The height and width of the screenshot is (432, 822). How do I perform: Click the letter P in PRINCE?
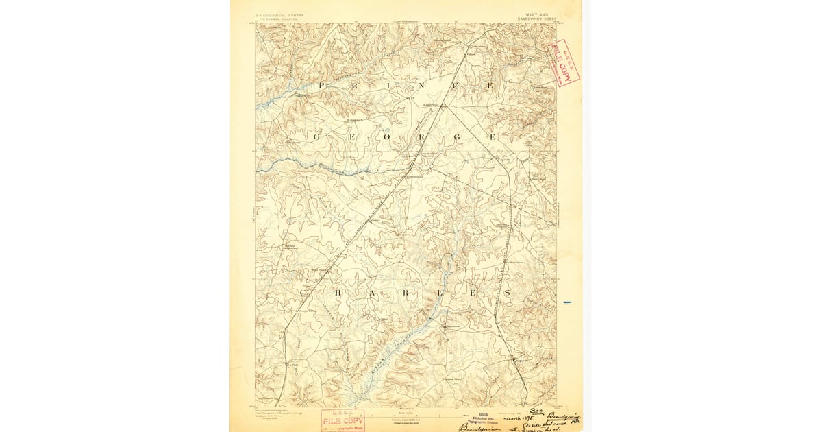[320, 86]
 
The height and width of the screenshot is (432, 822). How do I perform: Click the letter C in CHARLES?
[303, 293]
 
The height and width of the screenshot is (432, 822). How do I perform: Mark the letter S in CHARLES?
[507, 293]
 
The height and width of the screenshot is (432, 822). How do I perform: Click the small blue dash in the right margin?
[566, 302]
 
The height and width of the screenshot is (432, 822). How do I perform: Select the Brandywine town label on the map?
[430, 105]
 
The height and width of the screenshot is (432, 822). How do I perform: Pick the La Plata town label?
[290, 365]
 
